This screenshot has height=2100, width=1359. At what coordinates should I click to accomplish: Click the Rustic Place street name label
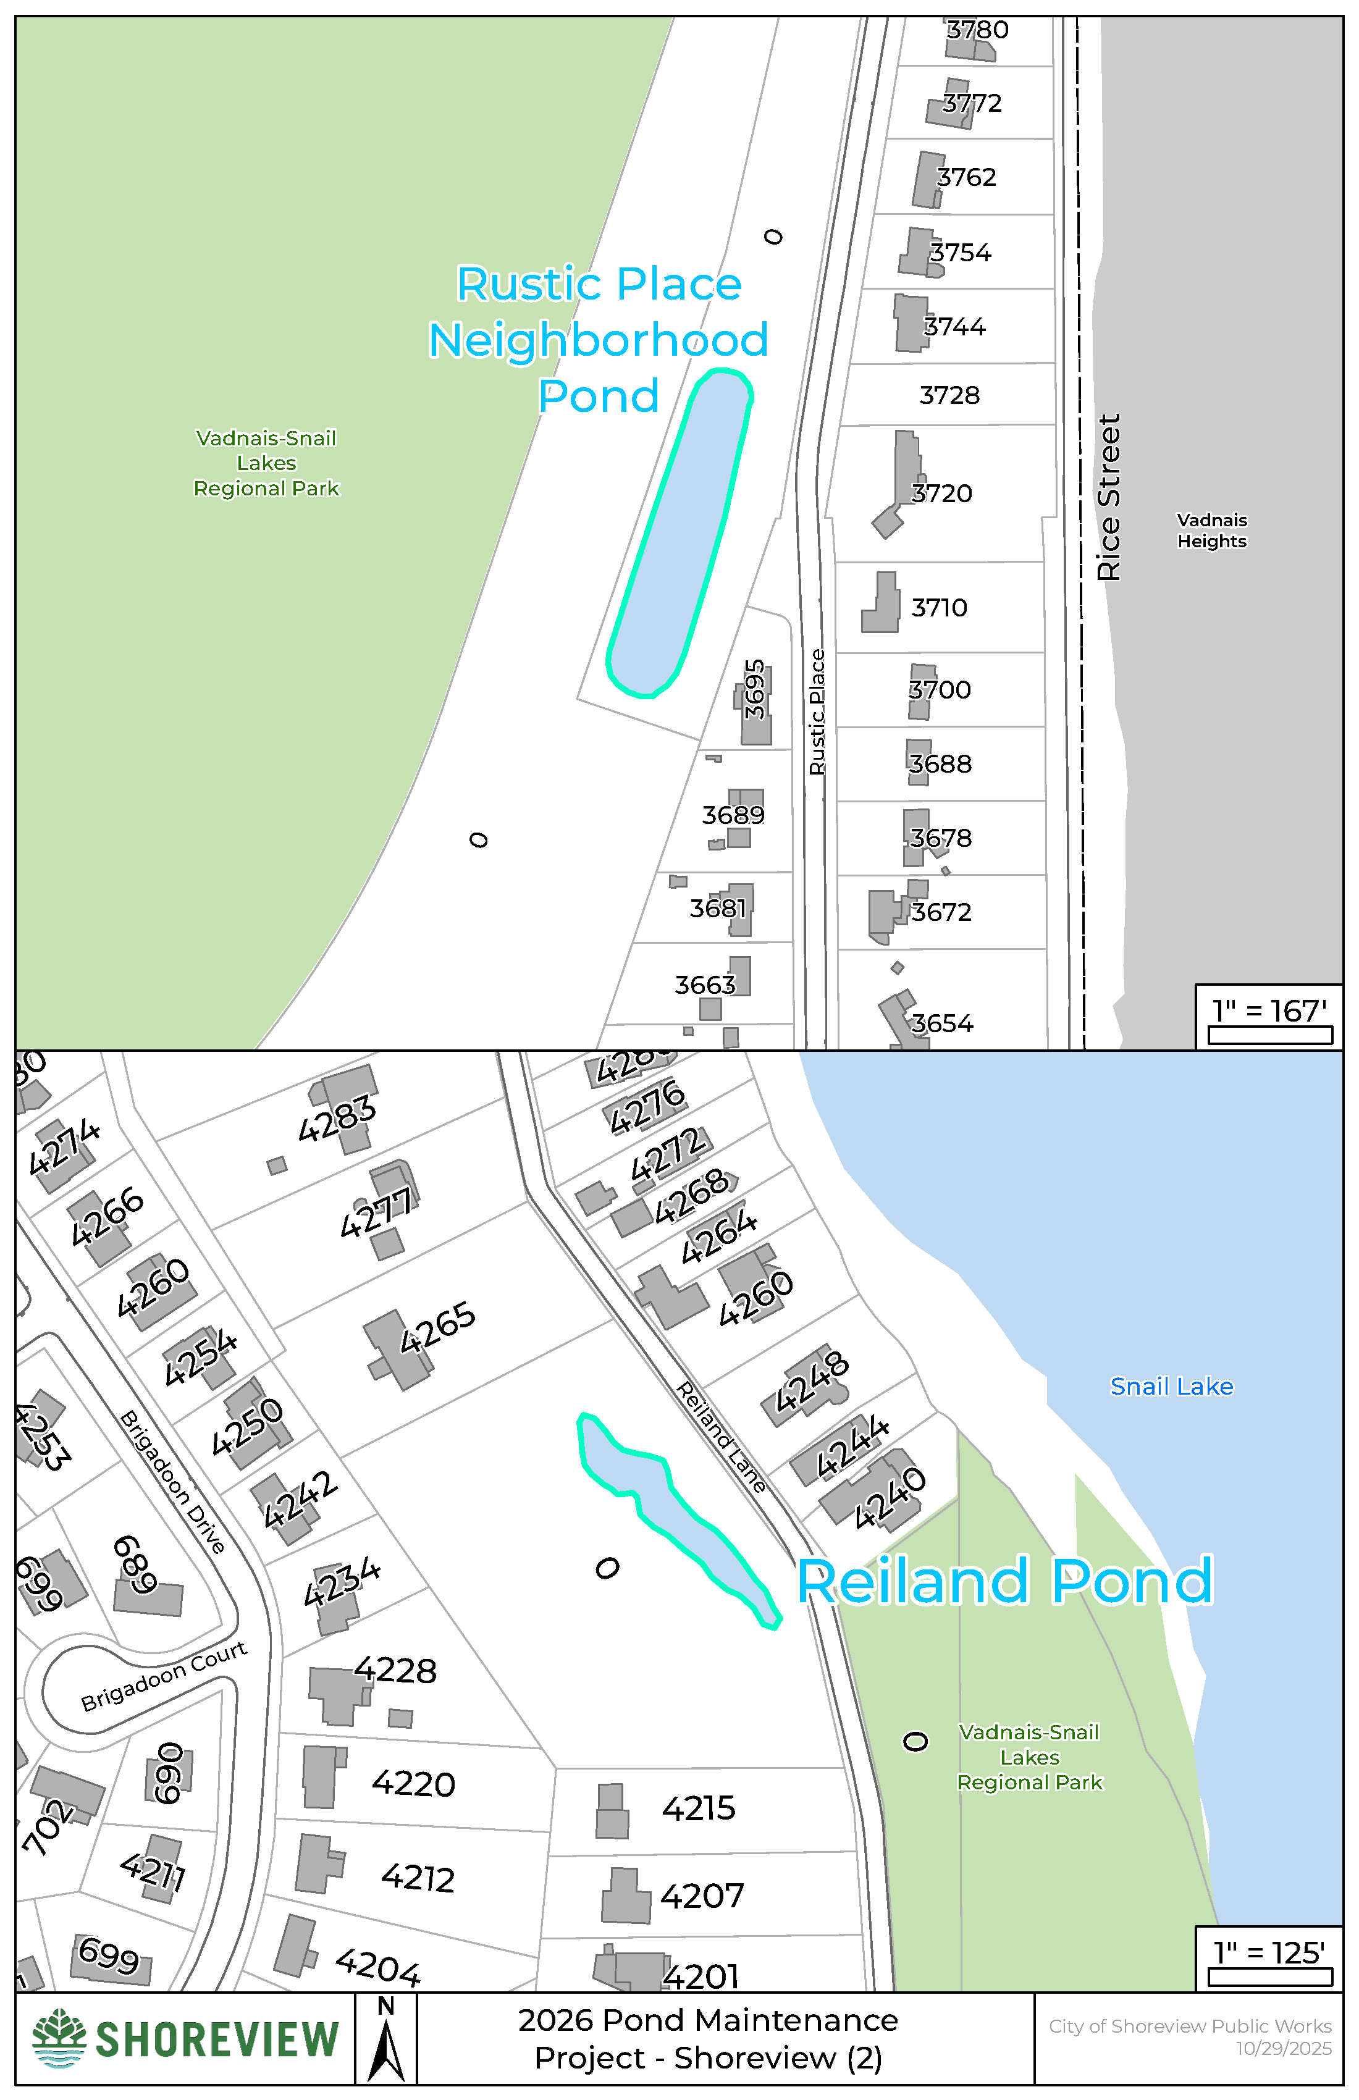[817, 712]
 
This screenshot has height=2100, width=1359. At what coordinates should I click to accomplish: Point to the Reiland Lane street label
[721, 1437]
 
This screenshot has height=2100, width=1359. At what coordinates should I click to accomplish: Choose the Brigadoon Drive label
[172, 1482]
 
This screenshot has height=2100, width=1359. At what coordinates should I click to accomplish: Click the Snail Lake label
[1171, 1386]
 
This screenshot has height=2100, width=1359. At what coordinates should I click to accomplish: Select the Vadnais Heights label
[1211, 531]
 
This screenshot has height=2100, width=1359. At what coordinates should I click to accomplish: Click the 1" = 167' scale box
[1269, 1017]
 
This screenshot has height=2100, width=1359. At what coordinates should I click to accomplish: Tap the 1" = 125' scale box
[1269, 1958]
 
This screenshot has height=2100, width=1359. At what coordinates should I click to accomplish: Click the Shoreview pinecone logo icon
[59, 2039]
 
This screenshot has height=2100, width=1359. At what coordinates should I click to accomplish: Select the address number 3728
[949, 395]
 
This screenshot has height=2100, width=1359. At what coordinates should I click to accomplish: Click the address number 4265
[438, 1328]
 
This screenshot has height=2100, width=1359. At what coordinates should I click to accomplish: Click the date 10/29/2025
[1283, 2049]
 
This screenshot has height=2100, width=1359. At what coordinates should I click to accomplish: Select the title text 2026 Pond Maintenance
[708, 2020]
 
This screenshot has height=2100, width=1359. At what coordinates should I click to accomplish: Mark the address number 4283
[337, 1119]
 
